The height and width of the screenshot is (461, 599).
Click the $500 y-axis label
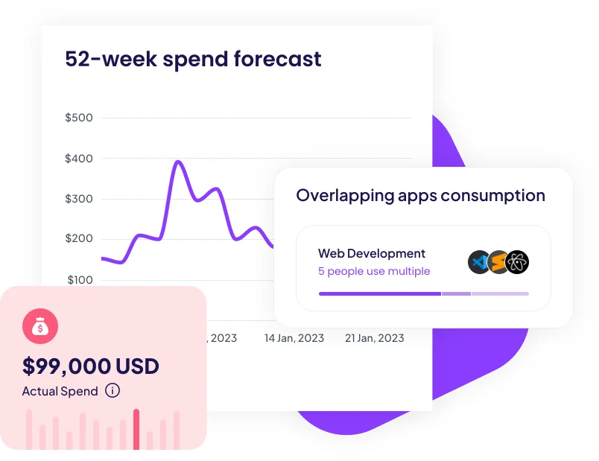[x=79, y=118]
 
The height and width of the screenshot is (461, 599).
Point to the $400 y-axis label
[x=79, y=159]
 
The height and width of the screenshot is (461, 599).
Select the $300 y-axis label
[x=79, y=199]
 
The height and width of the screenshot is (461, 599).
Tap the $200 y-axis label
[x=79, y=238]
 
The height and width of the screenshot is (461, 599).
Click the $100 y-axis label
[x=80, y=280]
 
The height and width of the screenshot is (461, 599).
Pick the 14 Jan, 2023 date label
[x=294, y=338]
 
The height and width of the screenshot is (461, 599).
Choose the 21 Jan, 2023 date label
[x=374, y=338]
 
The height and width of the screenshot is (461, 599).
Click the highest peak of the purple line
[x=178, y=162]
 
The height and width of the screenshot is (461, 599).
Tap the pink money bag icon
[x=40, y=326]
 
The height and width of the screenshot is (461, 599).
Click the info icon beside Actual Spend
[x=112, y=390]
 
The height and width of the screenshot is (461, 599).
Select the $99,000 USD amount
[x=91, y=366]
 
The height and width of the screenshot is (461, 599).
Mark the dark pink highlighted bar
[x=136, y=429]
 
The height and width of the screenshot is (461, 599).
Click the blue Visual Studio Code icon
[x=479, y=262]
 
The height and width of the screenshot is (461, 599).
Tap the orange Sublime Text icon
[x=498, y=262]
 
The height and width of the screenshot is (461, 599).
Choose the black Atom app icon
[x=517, y=262]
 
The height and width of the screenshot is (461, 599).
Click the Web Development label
[x=372, y=253]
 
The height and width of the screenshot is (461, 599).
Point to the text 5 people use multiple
[x=374, y=271]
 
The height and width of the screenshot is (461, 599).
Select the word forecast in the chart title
[x=278, y=59]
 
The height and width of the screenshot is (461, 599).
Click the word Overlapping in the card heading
[x=346, y=196]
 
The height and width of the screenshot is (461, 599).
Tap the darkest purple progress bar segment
[x=380, y=293]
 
